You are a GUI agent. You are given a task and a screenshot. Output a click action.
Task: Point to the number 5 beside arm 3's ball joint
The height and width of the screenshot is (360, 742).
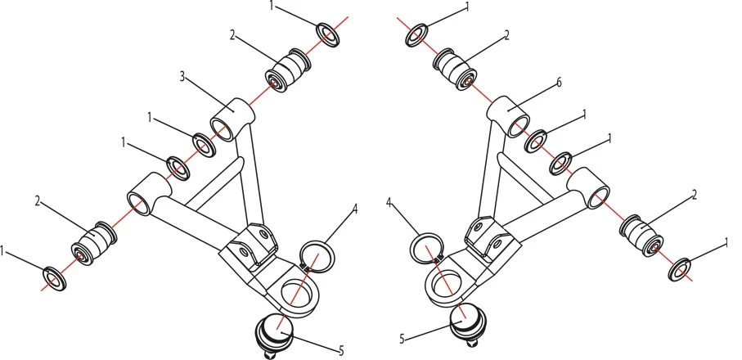[340, 350]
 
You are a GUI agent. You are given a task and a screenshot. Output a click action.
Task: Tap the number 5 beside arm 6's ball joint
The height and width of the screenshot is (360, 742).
[402, 336]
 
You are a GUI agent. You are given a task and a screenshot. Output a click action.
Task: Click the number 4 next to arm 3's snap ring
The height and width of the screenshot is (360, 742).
[355, 209]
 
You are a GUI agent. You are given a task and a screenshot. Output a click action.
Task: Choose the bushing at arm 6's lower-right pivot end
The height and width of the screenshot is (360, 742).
[644, 232]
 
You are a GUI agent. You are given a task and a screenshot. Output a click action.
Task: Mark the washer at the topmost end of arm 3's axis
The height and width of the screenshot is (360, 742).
[330, 35]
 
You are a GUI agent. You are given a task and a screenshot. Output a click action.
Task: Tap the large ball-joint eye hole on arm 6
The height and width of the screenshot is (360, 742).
[443, 282]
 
